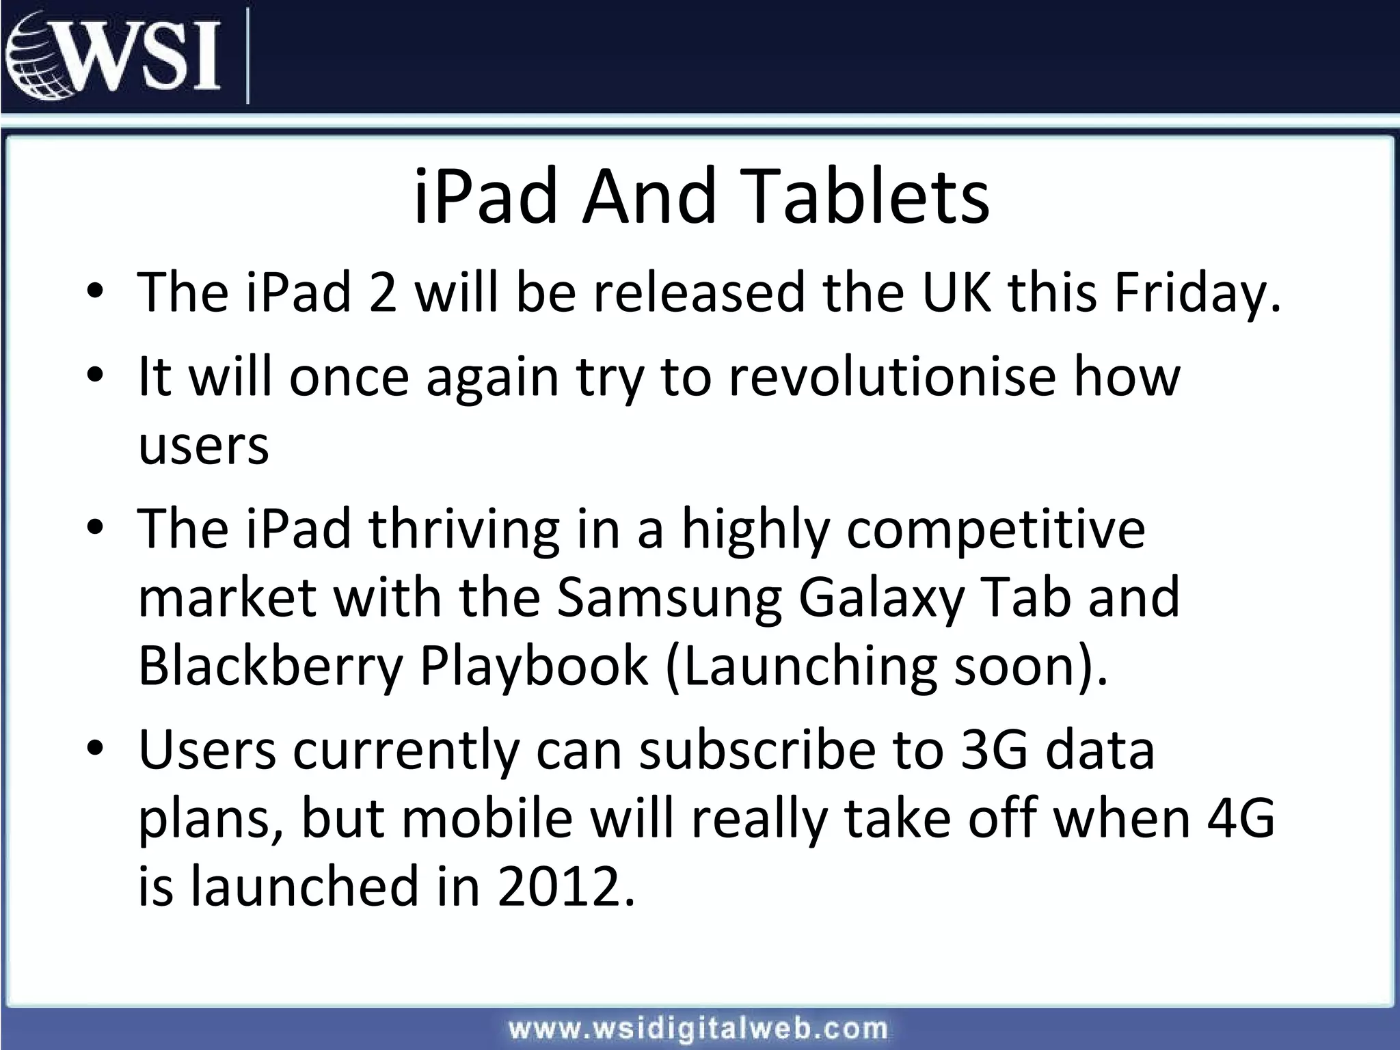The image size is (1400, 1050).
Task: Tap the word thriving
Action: (464, 530)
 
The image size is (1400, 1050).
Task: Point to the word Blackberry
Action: (270, 667)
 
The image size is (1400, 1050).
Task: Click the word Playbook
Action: (533, 667)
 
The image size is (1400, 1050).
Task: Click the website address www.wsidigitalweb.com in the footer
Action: (698, 1028)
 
